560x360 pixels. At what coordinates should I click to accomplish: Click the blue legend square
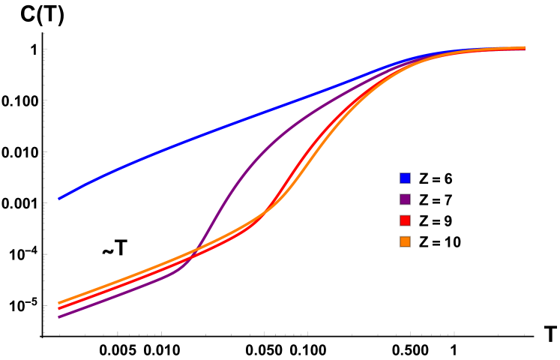(x=405, y=178)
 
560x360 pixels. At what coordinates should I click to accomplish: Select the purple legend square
(x=405, y=199)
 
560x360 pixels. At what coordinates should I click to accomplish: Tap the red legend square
(x=405, y=220)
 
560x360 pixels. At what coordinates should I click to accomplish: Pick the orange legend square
(x=405, y=241)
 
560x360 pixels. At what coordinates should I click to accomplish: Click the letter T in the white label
(x=121, y=248)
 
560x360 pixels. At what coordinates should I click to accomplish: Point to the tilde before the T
(x=108, y=250)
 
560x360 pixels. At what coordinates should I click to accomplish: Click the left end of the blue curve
(x=59, y=199)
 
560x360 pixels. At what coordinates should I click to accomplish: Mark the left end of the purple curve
(x=59, y=317)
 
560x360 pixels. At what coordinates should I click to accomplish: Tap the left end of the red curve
(x=59, y=308)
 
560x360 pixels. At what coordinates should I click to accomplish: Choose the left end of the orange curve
(x=59, y=303)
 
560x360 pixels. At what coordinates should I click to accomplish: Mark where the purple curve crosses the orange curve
(x=198, y=248)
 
